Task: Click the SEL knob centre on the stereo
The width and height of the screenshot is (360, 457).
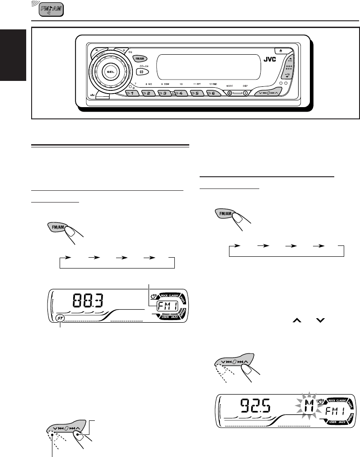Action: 109,71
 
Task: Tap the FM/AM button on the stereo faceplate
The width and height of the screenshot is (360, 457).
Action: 139,58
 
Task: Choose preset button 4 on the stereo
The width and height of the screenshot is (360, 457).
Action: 179,94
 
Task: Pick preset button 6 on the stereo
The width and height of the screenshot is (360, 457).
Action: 211,94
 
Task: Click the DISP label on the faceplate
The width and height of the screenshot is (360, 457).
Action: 245,85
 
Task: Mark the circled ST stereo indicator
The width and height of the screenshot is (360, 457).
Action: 61,319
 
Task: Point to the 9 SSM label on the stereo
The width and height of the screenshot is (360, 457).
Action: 164,85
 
